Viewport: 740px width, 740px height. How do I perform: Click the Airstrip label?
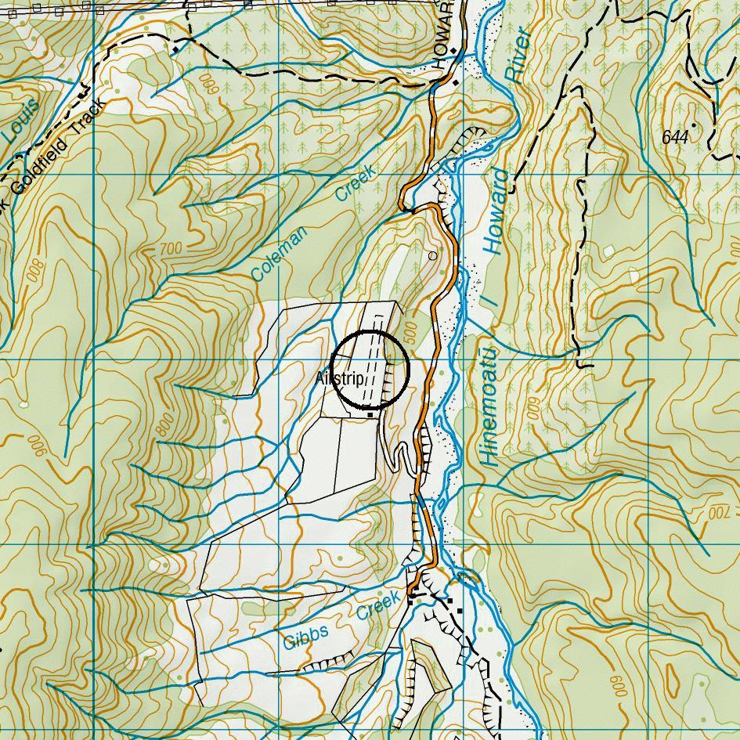pyautogui.click(x=340, y=379)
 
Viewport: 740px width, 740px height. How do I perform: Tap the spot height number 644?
pyautogui.click(x=674, y=138)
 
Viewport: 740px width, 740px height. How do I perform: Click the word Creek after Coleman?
pyautogui.click(x=356, y=183)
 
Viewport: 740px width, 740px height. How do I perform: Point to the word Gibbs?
pyautogui.click(x=305, y=637)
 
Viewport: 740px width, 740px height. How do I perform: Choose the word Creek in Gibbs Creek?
pyautogui.click(x=378, y=606)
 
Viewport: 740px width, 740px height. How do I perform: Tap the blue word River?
pyautogui.click(x=518, y=56)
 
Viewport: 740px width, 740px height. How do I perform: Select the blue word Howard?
pyautogui.click(x=497, y=211)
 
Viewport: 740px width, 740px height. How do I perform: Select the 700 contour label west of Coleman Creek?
pyautogui.click(x=170, y=249)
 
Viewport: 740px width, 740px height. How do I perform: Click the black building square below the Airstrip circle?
pyautogui.click(x=370, y=415)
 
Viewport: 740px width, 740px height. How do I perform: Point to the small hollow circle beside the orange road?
pyautogui.click(x=433, y=256)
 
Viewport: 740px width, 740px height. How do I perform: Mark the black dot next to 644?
pyautogui.click(x=695, y=125)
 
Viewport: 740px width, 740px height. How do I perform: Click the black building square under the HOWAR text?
pyautogui.click(x=454, y=81)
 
